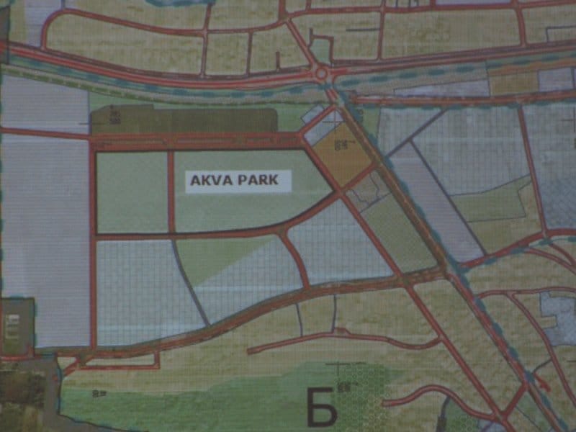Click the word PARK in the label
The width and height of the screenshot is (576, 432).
[260, 181]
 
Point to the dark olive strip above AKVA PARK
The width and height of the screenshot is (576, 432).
[184, 120]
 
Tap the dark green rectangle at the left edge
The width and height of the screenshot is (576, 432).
[16, 328]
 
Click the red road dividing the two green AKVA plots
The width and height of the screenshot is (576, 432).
[171, 192]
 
